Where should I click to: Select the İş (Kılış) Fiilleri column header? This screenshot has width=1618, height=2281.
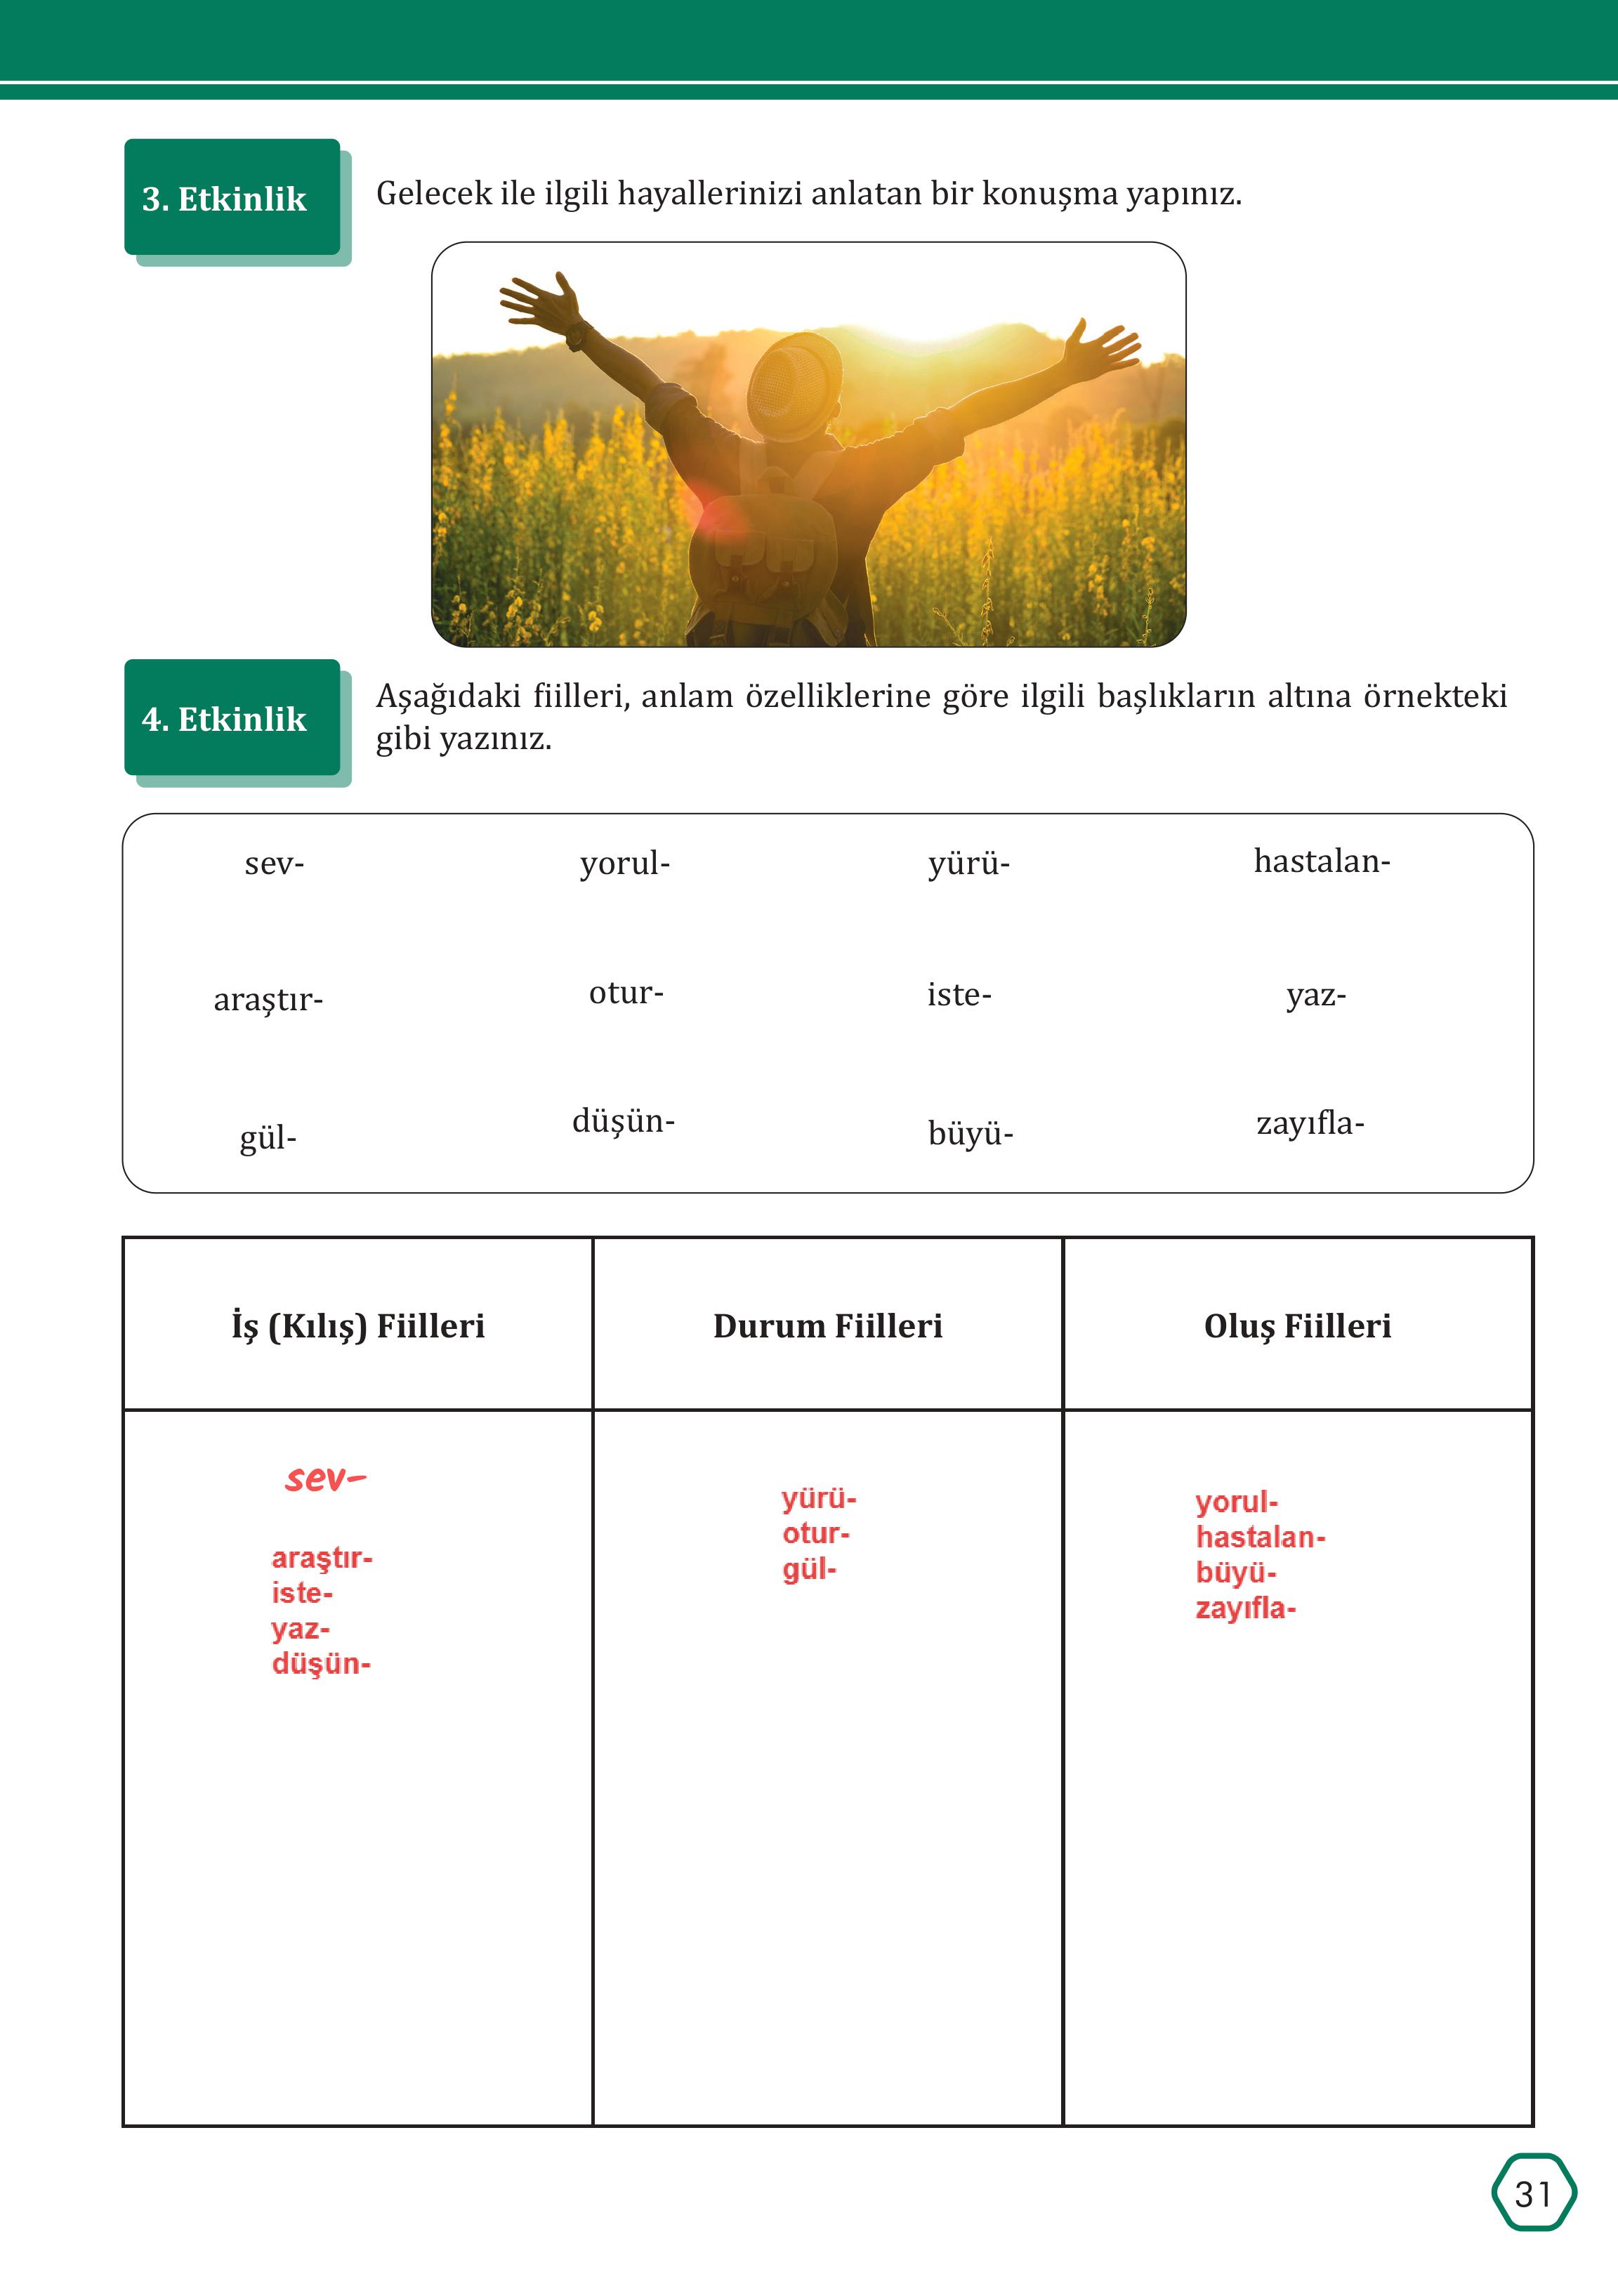[357, 1325]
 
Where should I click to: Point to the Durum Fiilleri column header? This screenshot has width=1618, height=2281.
[827, 1325]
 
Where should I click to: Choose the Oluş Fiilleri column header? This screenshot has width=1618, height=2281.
[1297, 1325]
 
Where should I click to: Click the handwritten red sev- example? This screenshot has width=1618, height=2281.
[325, 1478]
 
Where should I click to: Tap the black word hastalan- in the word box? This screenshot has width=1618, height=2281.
[1321, 861]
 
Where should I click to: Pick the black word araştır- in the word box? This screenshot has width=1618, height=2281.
[268, 999]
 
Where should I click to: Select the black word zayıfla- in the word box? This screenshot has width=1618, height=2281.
[1310, 1123]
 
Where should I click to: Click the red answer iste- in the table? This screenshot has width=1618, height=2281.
[302, 1594]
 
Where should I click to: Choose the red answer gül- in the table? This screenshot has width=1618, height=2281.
[809, 1571]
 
